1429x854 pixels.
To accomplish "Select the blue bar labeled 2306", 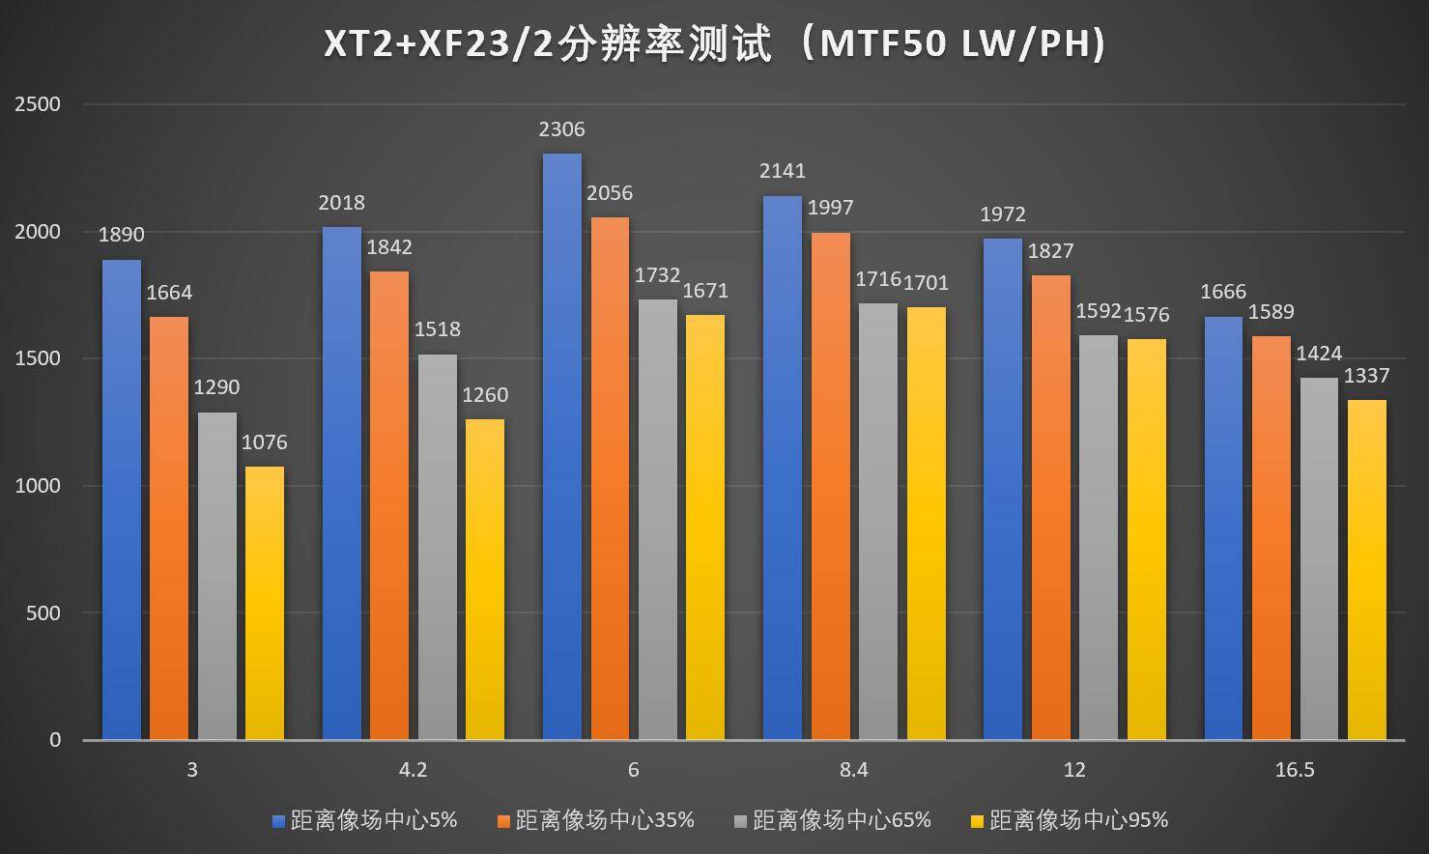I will [562, 444].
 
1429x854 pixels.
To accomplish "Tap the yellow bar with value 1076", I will [265, 603].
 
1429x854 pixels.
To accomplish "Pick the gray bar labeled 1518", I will [437, 547].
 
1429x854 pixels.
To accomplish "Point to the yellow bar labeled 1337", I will [1367, 570].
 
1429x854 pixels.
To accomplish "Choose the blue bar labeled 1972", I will [1003, 489].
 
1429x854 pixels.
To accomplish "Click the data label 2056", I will [610, 194].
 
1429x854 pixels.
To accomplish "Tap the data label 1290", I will [216, 387].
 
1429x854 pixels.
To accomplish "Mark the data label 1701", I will [926, 283].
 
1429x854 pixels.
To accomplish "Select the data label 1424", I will [1319, 355].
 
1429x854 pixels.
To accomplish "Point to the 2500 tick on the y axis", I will [38, 104].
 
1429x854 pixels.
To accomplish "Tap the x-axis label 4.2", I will [413, 770].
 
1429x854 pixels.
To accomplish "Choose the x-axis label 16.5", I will [1295, 770].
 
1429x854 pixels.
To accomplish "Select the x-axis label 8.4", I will [854, 770].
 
